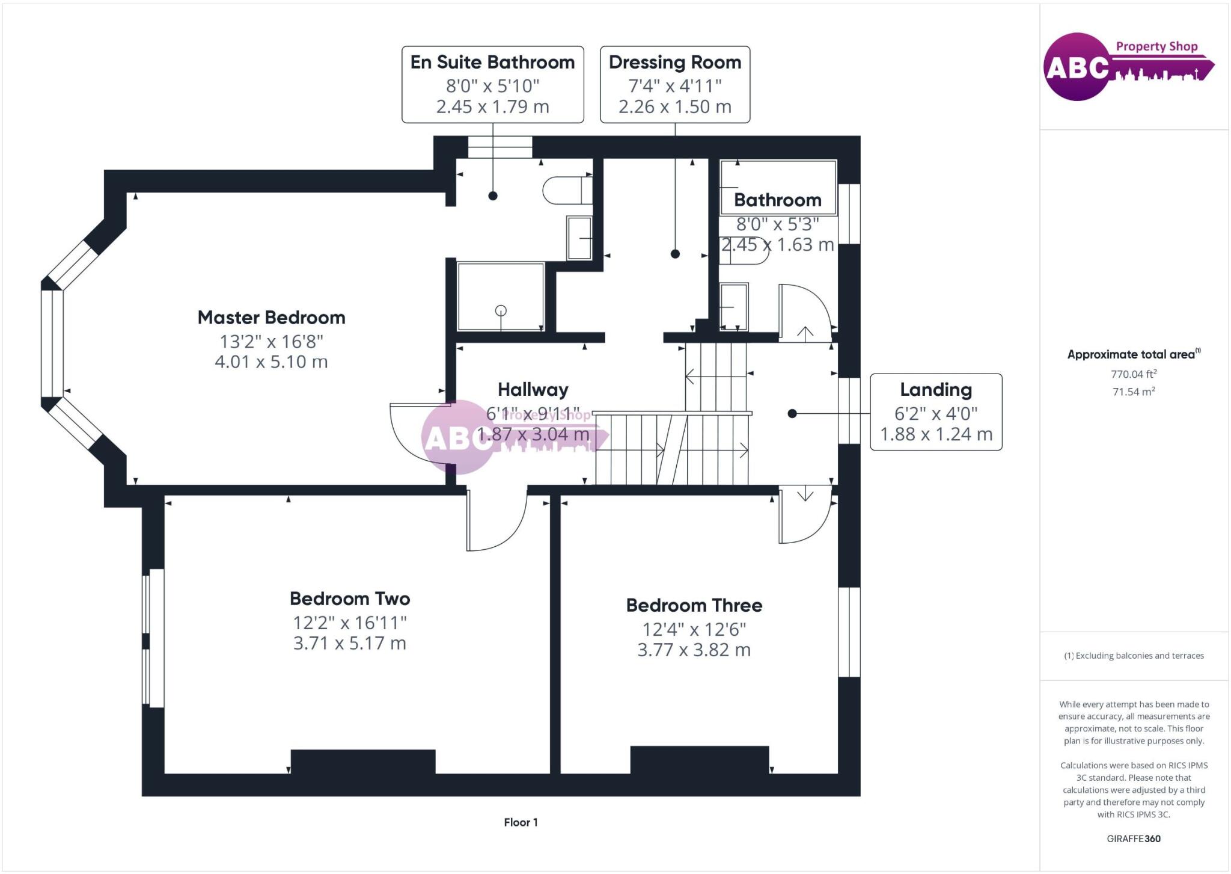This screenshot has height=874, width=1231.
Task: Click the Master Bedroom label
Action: [271, 318]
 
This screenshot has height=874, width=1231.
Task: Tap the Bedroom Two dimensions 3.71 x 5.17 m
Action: [349, 643]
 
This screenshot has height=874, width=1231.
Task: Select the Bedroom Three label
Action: [694, 605]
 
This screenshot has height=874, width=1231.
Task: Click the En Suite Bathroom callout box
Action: [492, 84]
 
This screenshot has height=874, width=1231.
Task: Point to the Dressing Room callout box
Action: [674, 84]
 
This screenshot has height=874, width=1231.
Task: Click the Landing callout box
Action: [936, 412]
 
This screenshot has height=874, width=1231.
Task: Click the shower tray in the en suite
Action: [500, 296]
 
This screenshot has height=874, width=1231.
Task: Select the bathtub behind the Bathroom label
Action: [778, 187]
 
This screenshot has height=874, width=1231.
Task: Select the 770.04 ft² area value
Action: [1134, 374]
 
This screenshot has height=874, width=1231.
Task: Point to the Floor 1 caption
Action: [521, 822]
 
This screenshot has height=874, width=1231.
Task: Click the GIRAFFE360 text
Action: [1134, 839]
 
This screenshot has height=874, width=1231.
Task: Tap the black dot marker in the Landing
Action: [792, 414]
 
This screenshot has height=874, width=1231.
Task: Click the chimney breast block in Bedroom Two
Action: [362, 762]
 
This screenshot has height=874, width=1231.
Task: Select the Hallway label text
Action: [533, 390]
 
